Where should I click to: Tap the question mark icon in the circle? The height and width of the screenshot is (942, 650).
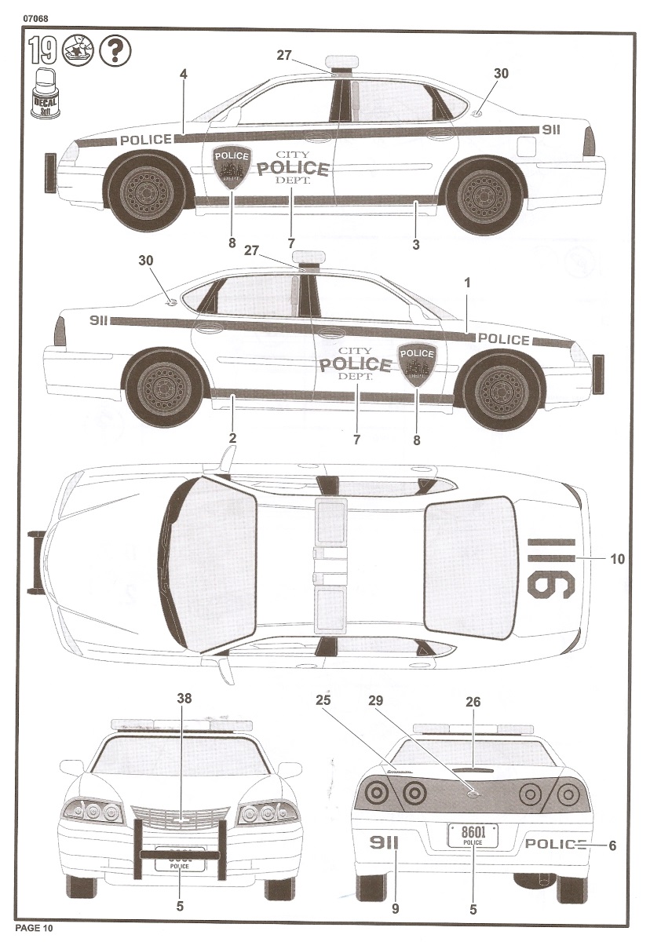(x=115, y=51)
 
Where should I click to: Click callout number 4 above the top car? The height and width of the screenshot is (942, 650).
(x=183, y=74)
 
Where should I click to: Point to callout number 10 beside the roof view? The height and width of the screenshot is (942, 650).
(x=617, y=559)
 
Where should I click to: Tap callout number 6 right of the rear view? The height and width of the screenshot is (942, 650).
(x=612, y=845)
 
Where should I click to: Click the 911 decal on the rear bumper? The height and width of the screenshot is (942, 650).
(x=385, y=843)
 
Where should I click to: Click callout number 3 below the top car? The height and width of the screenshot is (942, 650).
(x=415, y=245)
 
